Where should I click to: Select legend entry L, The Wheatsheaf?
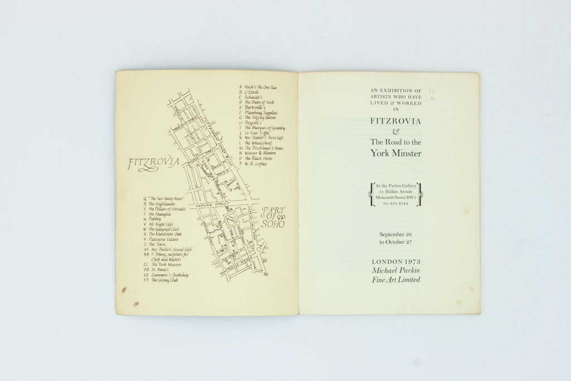coord(258,143)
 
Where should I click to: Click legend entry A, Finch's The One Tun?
coord(260,87)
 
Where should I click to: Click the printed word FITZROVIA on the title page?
coord(396,120)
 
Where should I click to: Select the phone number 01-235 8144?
coord(396,205)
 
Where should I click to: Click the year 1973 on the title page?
coord(410,261)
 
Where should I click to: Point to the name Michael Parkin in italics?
coord(396,270)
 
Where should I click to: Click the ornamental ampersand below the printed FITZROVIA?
coord(396,131)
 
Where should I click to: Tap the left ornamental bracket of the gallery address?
coord(370,194)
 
